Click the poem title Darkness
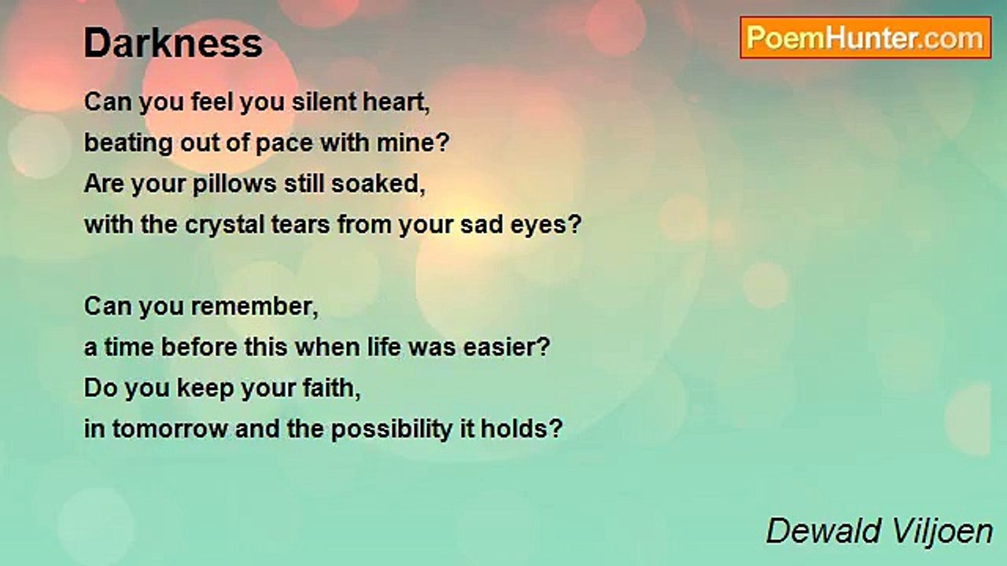coord(173,43)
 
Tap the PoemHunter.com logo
coord(865,38)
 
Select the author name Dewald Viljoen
coord(880,531)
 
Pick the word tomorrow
coord(170,429)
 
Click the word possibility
coord(392,430)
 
